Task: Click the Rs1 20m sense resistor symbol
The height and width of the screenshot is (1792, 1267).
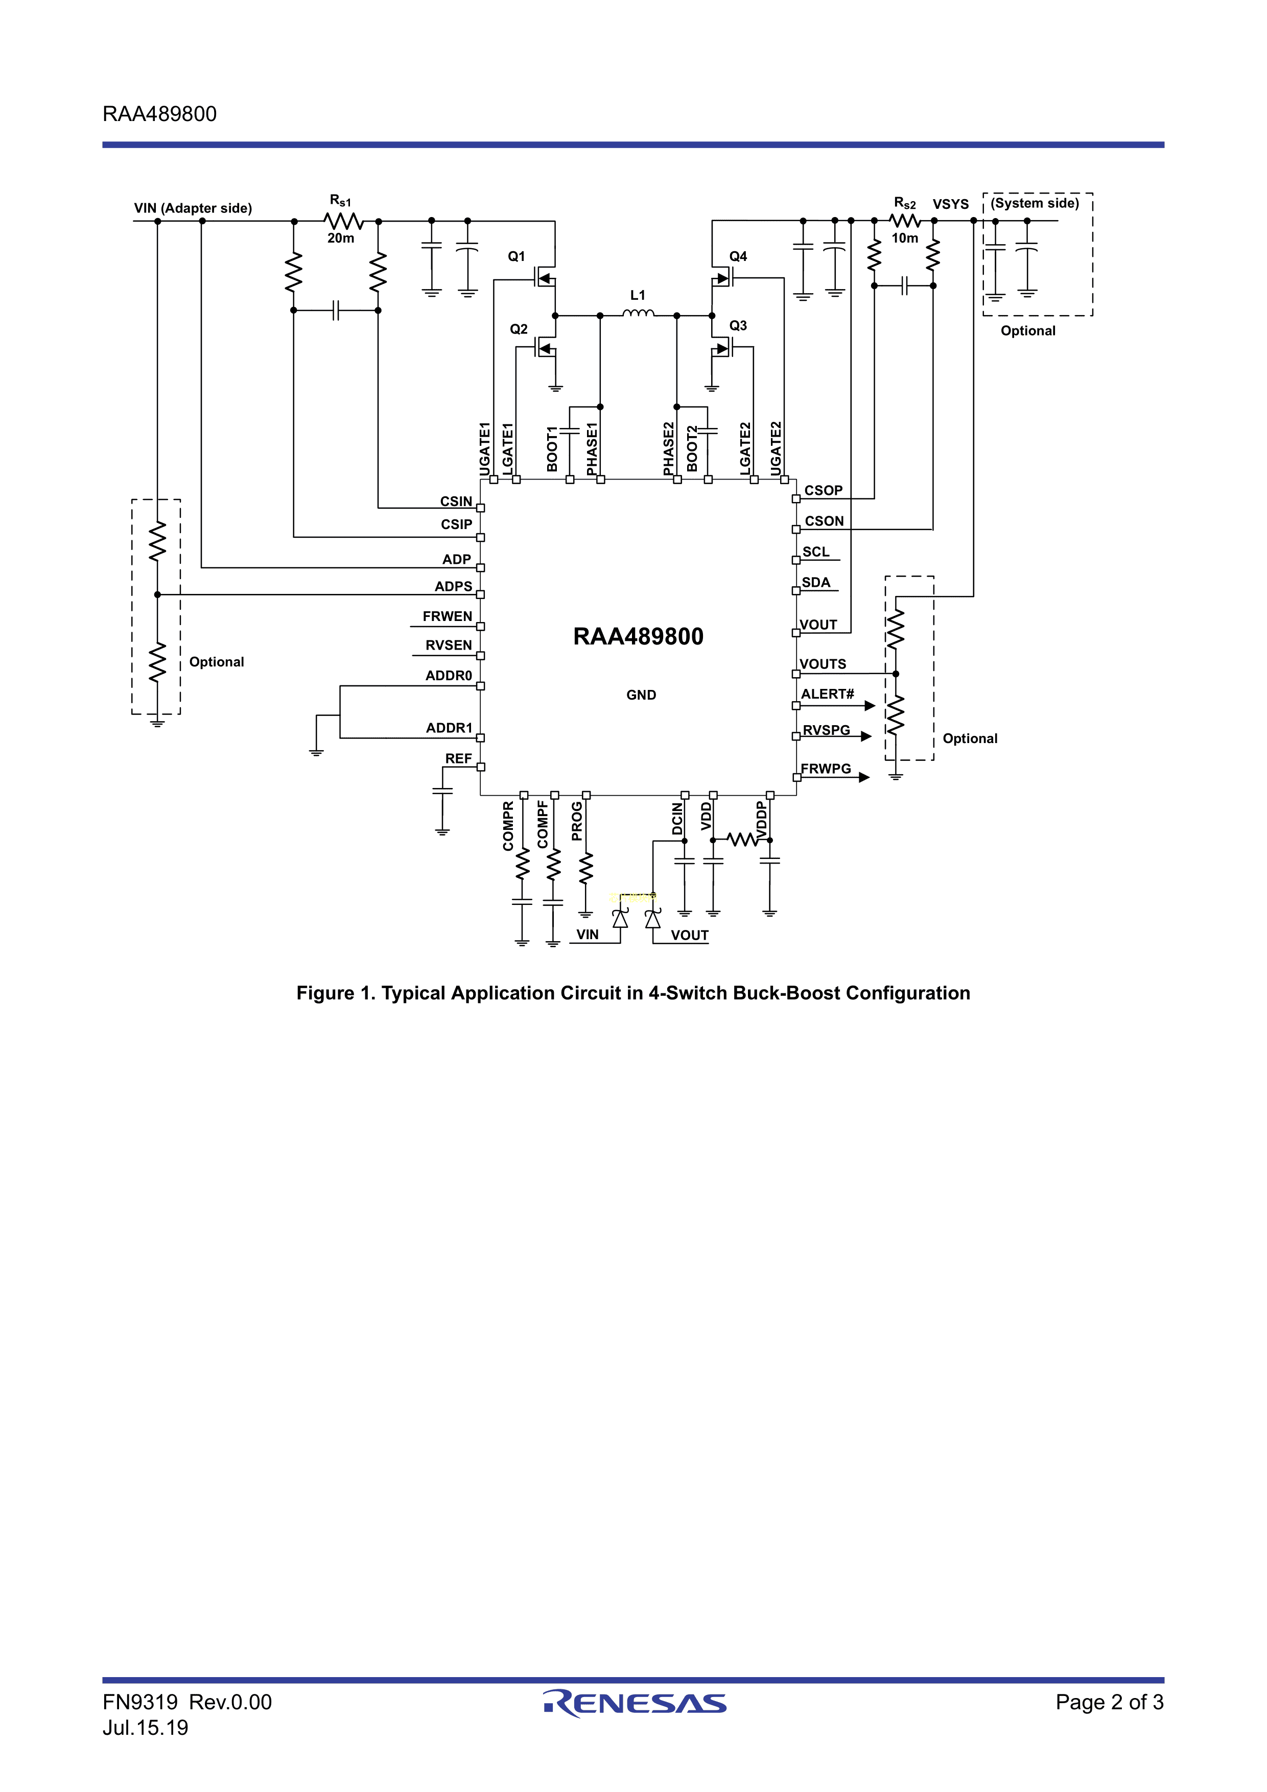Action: [x=343, y=221]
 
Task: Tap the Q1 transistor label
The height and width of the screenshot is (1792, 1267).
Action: [x=517, y=257]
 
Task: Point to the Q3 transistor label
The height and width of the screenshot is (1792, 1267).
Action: [x=738, y=325]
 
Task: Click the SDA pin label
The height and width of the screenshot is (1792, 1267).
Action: [x=816, y=582]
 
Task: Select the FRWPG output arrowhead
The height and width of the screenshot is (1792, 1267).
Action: [x=864, y=777]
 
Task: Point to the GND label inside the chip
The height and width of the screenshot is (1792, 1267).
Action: [x=641, y=695]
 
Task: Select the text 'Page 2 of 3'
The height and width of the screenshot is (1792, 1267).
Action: [x=1109, y=1702]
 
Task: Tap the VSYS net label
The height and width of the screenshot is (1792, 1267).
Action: [x=950, y=204]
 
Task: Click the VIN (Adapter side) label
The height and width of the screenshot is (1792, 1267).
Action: [x=193, y=208]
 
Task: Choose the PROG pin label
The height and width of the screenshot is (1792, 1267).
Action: [x=577, y=821]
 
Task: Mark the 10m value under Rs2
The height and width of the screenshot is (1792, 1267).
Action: [x=905, y=238]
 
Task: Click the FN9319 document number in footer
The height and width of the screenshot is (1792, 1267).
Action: [x=140, y=1702]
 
